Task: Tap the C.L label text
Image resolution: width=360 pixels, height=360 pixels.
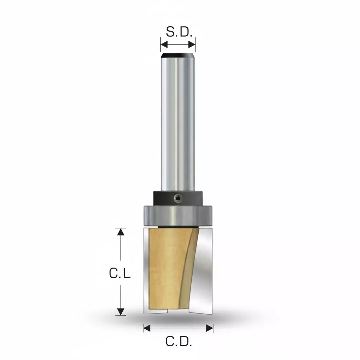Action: tap(120, 273)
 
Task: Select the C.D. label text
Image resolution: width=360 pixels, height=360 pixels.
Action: tap(179, 341)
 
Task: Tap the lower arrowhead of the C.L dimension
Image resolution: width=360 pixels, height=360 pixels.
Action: tap(121, 311)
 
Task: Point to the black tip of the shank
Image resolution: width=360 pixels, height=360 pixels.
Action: tap(178, 56)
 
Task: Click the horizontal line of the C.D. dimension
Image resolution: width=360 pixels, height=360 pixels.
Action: tap(178, 328)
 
